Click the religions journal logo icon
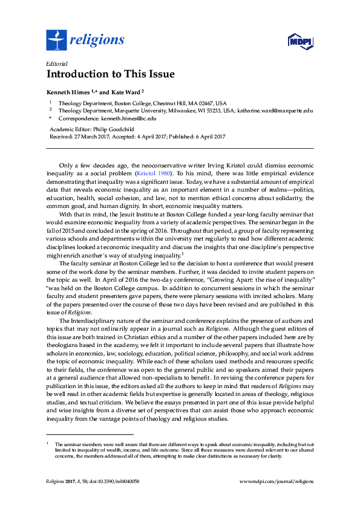click(x=56, y=41)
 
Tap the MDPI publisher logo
click(x=299, y=42)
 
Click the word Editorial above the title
click(x=56, y=63)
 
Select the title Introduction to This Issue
click(x=110, y=75)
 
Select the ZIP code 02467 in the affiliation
click(x=207, y=103)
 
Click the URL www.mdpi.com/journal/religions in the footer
click(x=277, y=481)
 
